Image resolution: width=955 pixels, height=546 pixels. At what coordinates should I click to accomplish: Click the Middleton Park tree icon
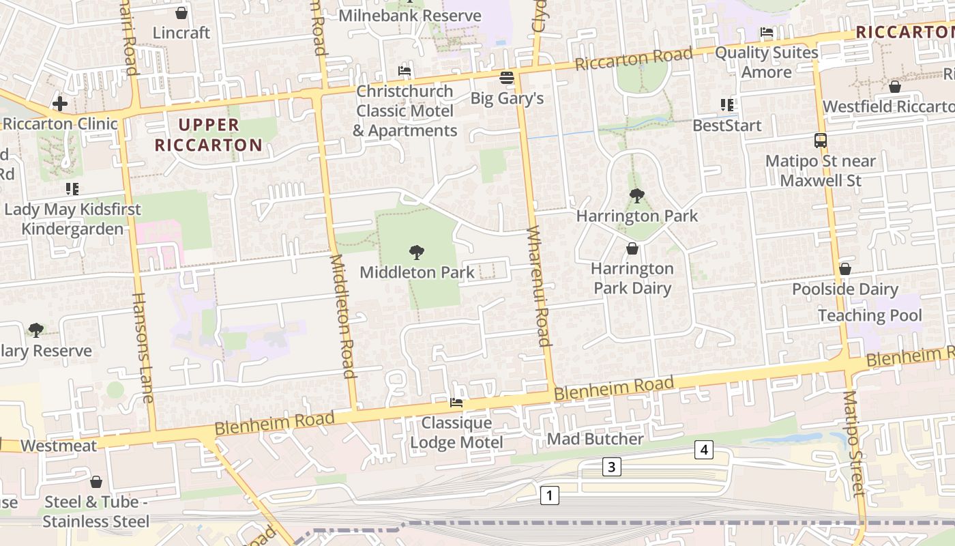point(416,253)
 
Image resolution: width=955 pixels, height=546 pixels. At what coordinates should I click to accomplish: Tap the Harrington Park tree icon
point(636,196)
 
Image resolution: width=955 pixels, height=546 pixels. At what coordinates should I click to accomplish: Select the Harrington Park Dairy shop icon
point(632,248)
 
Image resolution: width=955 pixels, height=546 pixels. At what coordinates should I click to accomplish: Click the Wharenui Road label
point(539,286)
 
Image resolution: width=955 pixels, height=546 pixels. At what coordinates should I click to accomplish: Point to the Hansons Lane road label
point(143,347)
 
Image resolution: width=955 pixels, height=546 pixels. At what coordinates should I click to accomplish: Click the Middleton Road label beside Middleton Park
point(344,316)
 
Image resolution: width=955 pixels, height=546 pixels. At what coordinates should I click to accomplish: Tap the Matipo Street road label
point(853,444)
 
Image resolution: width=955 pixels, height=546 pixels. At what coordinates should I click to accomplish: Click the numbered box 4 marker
point(705,450)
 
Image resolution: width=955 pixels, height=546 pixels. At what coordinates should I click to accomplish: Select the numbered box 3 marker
point(612,467)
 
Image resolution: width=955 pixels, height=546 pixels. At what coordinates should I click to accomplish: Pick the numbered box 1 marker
point(550,495)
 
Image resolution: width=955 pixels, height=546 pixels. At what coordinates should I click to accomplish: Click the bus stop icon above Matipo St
point(821,141)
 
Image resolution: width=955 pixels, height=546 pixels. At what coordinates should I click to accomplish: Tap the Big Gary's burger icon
point(506,78)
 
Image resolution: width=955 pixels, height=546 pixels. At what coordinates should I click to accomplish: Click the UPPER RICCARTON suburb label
point(208,134)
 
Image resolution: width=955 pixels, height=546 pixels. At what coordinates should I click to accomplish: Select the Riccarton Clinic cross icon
point(60,104)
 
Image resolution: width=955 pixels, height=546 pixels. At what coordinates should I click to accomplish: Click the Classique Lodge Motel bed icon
point(456,403)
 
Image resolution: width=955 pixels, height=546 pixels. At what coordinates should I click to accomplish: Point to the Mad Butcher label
point(595,439)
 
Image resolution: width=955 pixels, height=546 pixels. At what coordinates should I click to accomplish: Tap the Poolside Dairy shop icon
point(845,269)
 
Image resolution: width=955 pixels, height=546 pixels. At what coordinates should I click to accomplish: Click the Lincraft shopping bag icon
point(181,13)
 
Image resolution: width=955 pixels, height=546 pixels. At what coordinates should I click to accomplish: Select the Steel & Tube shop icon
point(96,482)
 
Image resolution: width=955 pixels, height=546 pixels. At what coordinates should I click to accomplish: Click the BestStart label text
point(726,126)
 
